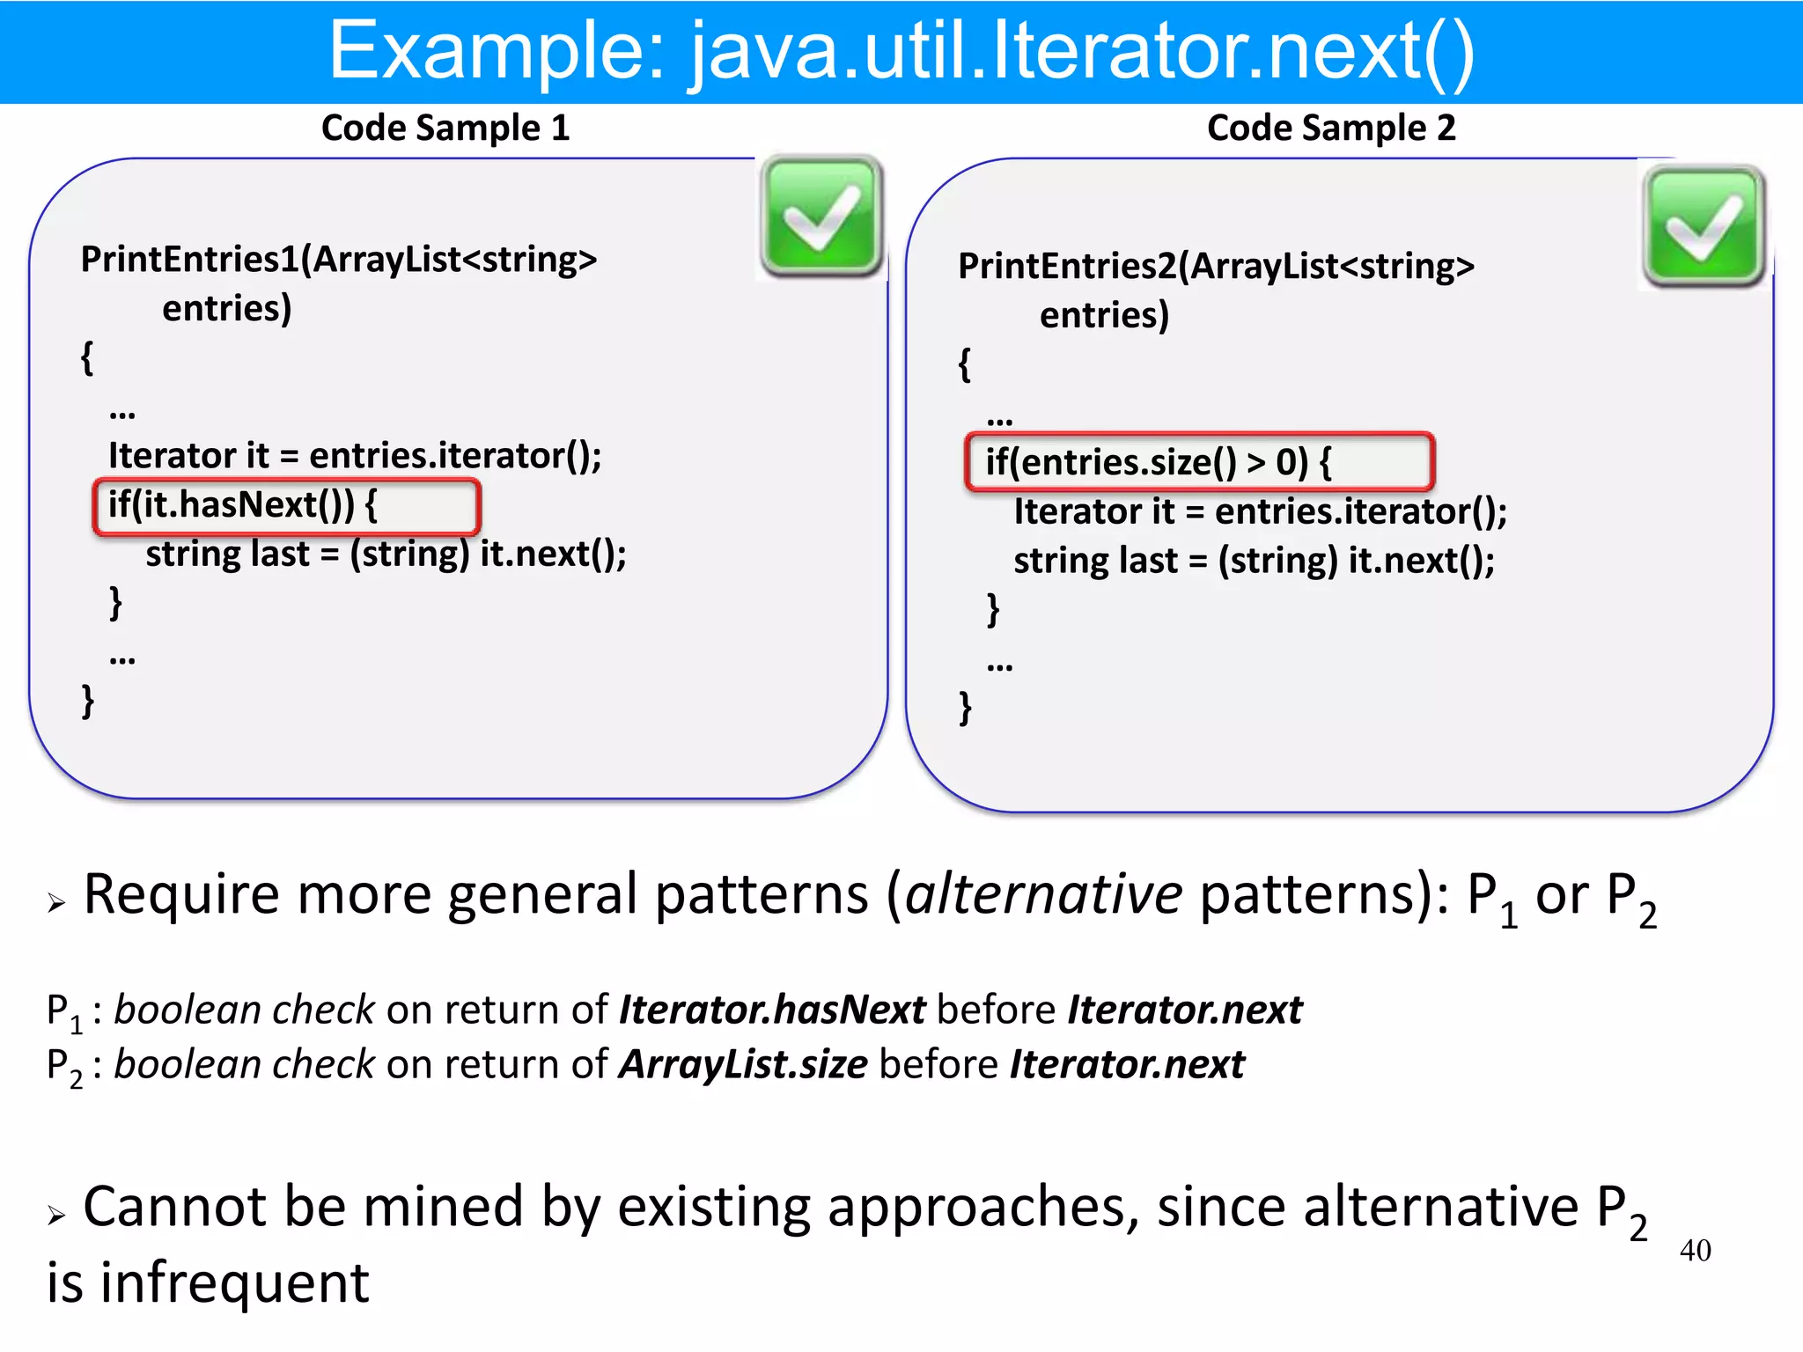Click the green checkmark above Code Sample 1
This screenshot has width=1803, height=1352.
(x=821, y=217)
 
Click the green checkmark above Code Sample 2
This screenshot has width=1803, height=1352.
(x=1704, y=226)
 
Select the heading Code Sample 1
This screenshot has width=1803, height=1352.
(x=445, y=129)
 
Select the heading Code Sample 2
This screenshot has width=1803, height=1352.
(x=1330, y=129)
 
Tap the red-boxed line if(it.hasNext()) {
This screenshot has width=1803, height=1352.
(x=286, y=506)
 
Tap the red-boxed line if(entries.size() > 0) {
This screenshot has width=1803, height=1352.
(x=1199, y=462)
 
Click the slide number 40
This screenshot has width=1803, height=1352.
(x=1695, y=1250)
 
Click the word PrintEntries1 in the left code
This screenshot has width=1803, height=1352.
(x=189, y=260)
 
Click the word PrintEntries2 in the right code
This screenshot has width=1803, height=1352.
(x=1067, y=267)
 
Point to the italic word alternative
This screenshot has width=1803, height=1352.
(x=1043, y=895)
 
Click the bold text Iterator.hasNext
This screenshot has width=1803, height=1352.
(x=772, y=1010)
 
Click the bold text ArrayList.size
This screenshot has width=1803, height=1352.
(x=743, y=1065)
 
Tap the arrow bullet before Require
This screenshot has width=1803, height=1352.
(x=57, y=903)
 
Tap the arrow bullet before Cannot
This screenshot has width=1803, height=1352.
(x=57, y=1216)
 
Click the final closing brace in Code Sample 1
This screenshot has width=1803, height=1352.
(x=88, y=702)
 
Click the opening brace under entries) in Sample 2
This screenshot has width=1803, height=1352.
(x=965, y=364)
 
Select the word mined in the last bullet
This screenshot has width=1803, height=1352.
(x=443, y=1207)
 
